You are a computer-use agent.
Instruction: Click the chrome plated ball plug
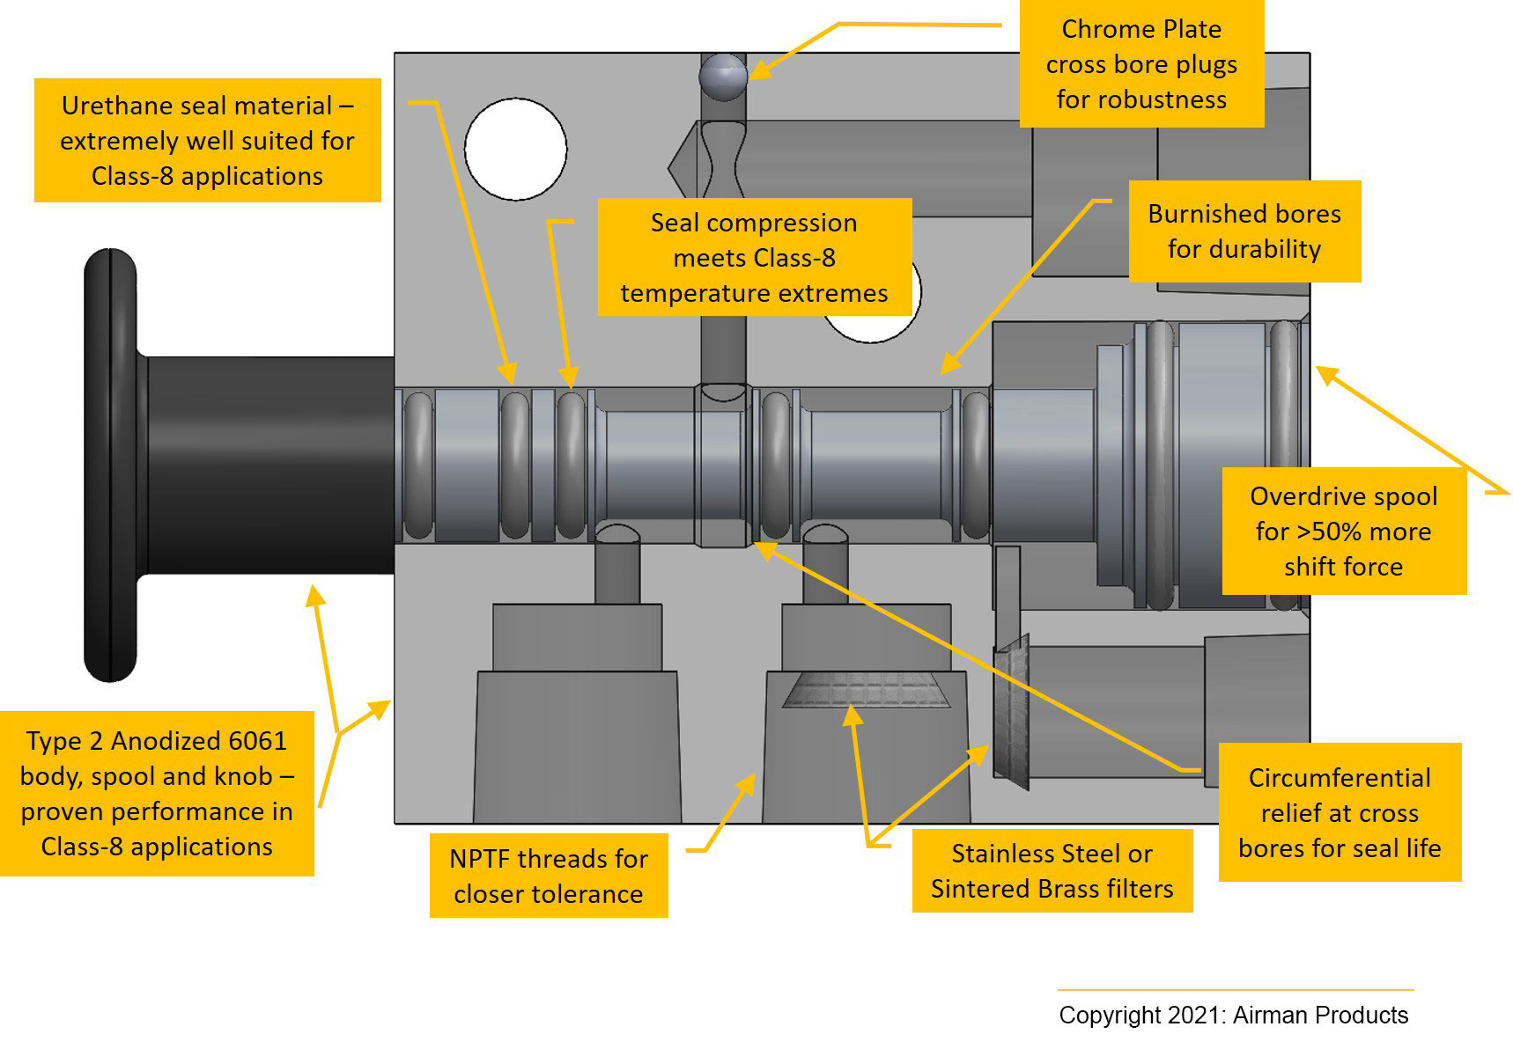pos(723,77)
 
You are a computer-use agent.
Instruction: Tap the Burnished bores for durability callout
pos(1244,231)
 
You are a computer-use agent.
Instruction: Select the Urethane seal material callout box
pos(207,141)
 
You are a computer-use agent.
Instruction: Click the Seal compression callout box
pos(754,257)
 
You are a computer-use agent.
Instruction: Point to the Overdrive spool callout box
pos(1343,531)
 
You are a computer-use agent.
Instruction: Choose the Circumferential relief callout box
pos(1339,812)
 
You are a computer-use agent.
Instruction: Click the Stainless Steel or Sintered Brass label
pos(1052,871)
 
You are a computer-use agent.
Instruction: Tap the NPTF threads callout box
pos(548,876)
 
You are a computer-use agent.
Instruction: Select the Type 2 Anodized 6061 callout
pos(157,793)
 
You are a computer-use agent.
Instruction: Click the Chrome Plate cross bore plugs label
pos(1141,64)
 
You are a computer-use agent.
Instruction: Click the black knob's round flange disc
pos(110,465)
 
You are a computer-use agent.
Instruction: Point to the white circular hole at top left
pos(515,149)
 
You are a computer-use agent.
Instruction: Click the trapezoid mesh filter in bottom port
pos(866,690)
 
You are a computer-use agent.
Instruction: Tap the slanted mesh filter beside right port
pos(1011,713)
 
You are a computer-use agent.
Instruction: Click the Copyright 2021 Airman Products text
pos(1233,1015)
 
